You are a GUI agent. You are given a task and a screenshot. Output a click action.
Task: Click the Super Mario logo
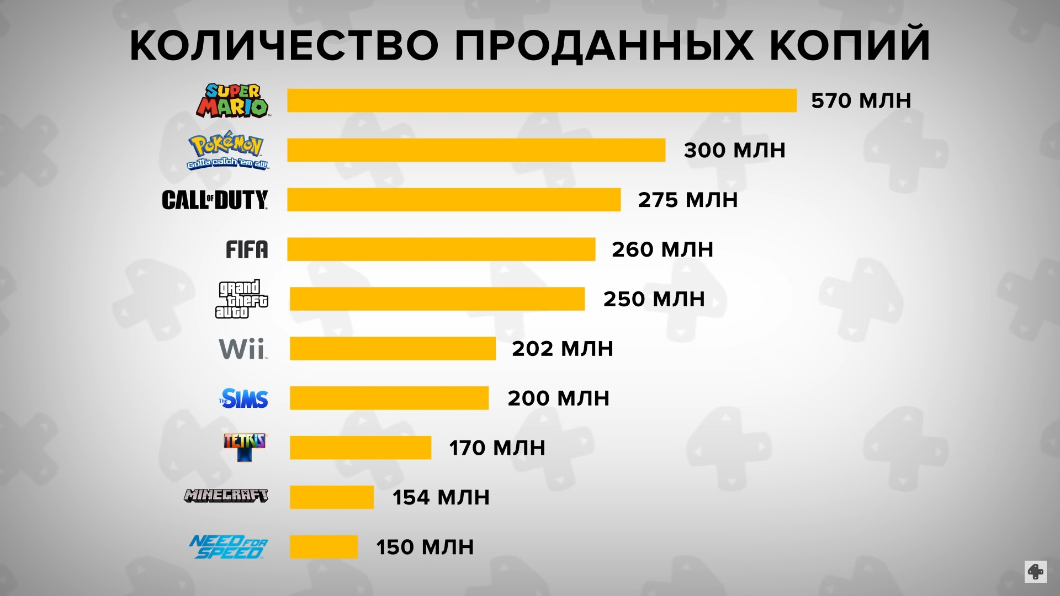click(232, 100)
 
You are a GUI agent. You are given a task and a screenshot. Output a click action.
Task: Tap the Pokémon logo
click(227, 151)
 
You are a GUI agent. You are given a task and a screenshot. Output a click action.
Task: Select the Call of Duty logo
click(215, 200)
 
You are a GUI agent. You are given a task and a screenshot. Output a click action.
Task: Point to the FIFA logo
click(247, 249)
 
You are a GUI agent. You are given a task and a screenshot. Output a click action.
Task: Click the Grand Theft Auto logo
click(241, 300)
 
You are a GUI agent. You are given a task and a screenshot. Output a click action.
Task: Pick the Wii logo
click(243, 349)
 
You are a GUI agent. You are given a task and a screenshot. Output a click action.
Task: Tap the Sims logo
click(243, 398)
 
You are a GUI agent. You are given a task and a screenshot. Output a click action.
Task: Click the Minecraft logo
click(226, 496)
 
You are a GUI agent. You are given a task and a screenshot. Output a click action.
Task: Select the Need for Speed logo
click(228, 547)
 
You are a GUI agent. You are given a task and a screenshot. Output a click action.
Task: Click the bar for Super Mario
click(542, 100)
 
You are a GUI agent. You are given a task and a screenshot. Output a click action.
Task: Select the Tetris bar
click(360, 448)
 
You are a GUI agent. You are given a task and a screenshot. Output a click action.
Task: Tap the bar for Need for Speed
click(324, 547)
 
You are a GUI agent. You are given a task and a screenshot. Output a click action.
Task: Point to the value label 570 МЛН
click(861, 101)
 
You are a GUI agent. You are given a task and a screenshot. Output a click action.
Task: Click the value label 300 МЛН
click(734, 151)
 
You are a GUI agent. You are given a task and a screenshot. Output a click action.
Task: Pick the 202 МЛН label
click(562, 349)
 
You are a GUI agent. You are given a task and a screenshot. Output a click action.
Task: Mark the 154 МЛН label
click(441, 498)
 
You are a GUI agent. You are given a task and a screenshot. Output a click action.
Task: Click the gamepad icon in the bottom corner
click(1035, 572)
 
